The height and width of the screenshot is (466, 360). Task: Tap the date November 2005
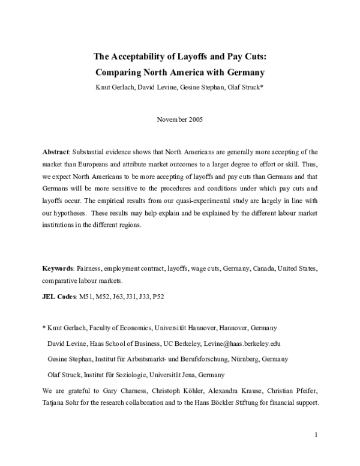(x=179, y=119)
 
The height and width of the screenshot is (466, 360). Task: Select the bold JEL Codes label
(x=59, y=296)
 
